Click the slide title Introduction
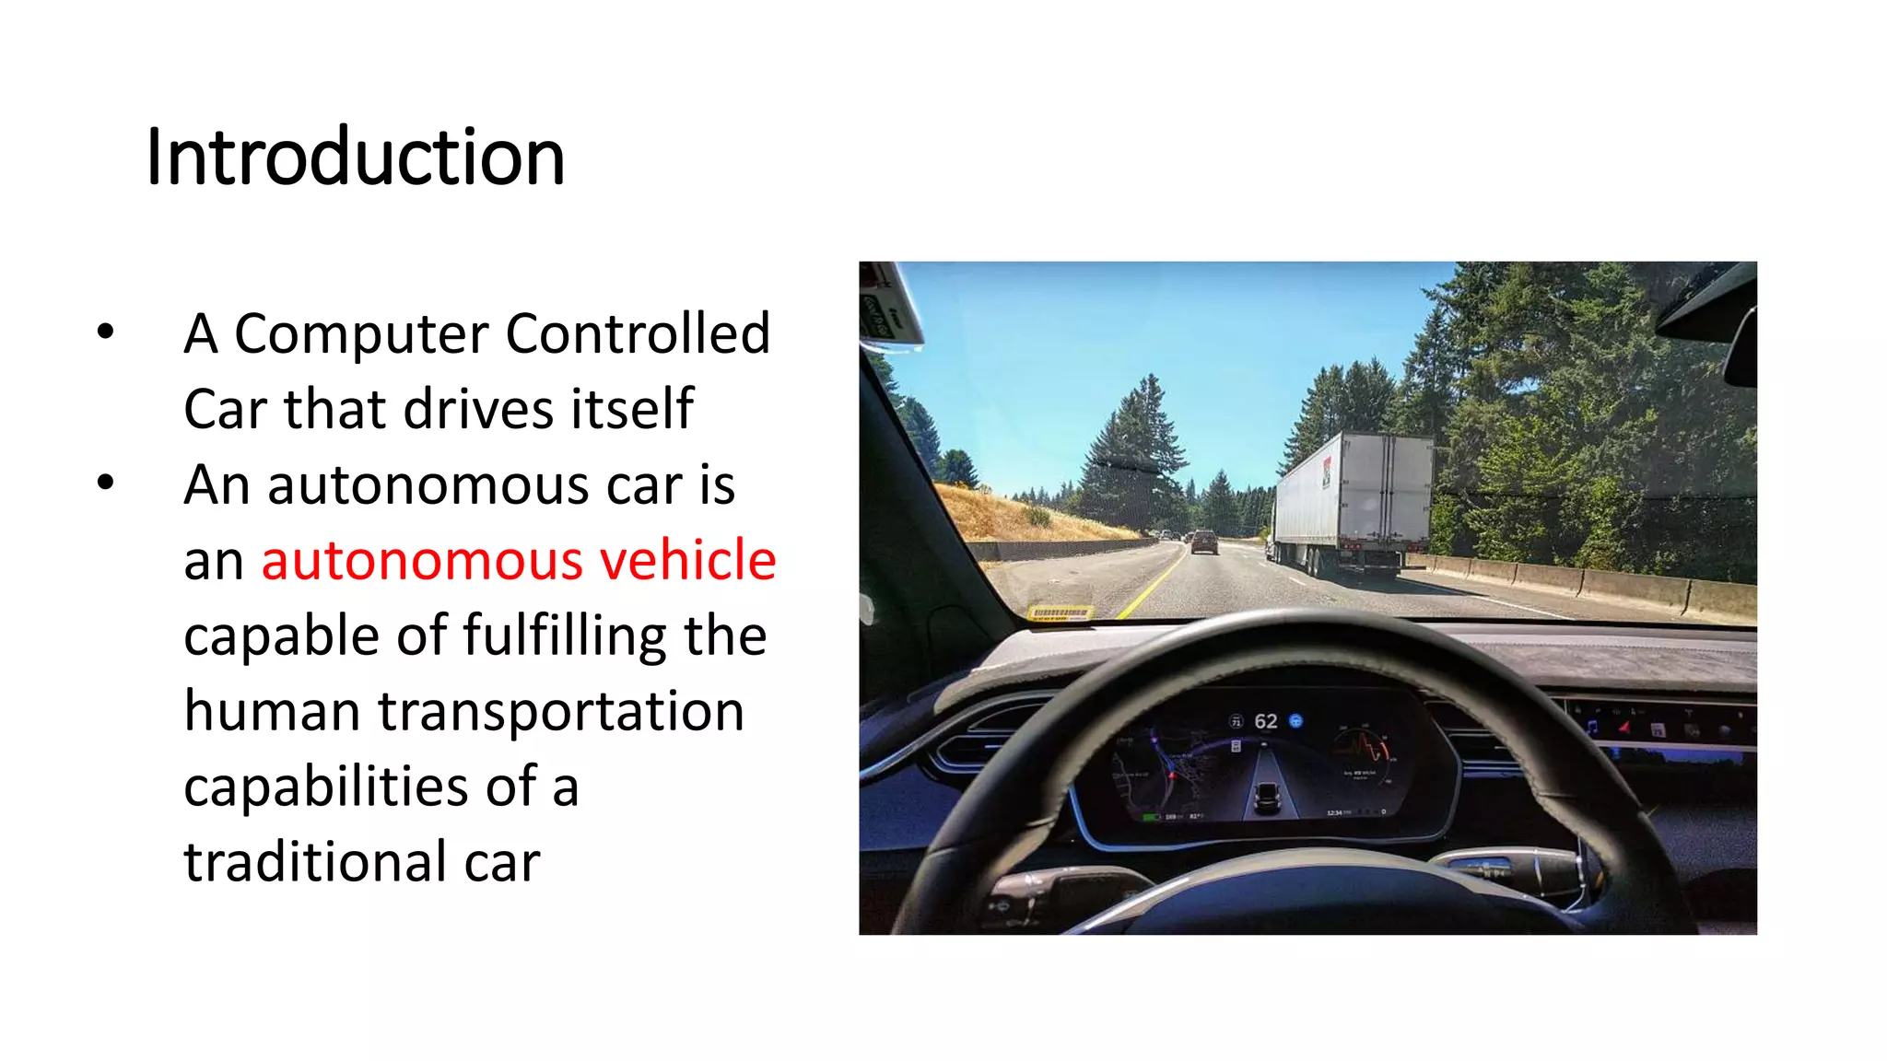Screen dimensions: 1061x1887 [x=356, y=157]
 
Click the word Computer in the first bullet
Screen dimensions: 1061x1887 [x=359, y=334]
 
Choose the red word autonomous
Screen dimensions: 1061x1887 [x=422, y=560]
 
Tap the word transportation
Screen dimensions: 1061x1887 [x=561, y=712]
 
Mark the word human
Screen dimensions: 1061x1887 [x=272, y=711]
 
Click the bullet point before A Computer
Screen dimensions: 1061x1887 [x=106, y=332]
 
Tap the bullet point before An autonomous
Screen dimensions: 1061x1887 [x=106, y=483]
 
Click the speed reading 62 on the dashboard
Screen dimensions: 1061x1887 [x=1266, y=721]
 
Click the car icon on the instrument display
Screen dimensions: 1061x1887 [x=1268, y=796]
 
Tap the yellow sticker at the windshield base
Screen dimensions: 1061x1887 [x=1060, y=612]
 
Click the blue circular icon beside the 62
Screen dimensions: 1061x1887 [x=1295, y=720]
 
